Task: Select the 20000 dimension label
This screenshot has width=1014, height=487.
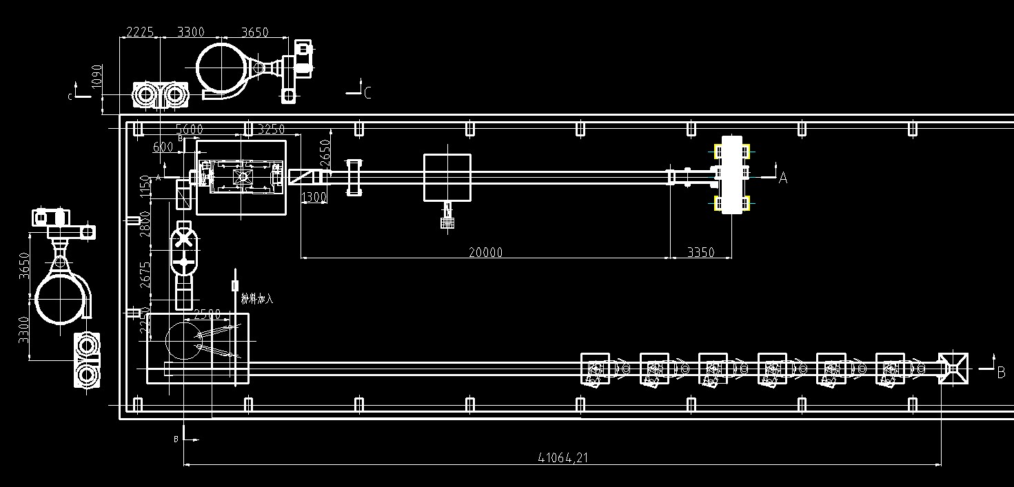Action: [485, 252]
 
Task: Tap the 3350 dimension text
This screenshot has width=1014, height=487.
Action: [700, 252]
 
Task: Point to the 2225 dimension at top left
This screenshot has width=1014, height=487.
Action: [139, 32]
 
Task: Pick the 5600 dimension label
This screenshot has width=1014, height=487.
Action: [190, 129]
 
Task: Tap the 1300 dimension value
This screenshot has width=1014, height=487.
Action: [314, 198]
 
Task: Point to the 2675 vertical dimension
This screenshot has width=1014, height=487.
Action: [145, 276]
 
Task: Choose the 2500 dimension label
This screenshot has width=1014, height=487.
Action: [207, 314]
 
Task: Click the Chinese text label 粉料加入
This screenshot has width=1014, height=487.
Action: [257, 299]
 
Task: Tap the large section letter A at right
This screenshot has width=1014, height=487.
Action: [782, 178]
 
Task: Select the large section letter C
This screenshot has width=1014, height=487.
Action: [367, 93]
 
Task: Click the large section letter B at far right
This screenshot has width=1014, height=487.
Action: [1001, 373]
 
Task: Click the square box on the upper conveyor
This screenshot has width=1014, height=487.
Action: [447, 177]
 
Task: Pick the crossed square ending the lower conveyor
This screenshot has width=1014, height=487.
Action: [953, 369]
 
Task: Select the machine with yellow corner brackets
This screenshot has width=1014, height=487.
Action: [731, 175]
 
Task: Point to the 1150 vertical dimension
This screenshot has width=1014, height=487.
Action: [145, 187]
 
